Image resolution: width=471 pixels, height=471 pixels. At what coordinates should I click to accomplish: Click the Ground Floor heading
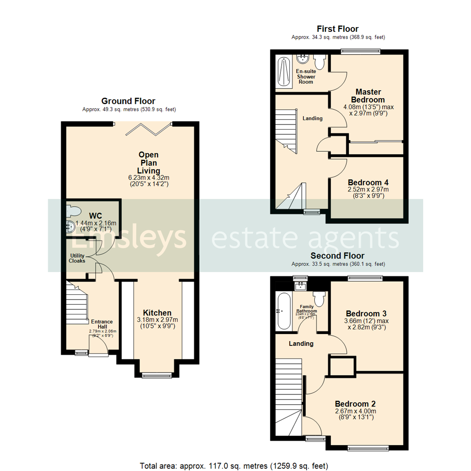pos(128,101)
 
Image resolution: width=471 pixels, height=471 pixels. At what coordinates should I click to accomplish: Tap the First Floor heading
pos(338,29)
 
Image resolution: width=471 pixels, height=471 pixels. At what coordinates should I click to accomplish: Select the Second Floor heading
pos(338,256)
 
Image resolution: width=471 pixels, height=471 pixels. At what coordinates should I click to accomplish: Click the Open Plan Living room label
pos(149,162)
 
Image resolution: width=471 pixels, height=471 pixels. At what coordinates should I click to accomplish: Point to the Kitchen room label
pos(157,313)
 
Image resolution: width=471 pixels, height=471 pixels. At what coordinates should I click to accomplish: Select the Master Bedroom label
pos(369,96)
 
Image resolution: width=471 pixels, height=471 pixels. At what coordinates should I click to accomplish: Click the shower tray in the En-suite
pos(283,72)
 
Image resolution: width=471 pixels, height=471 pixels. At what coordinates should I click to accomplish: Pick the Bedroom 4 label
pos(368,182)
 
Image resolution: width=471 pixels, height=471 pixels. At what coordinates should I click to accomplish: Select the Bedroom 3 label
pos(365,314)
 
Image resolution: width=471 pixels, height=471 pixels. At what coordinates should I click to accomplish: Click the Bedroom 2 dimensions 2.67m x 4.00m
pos(355,411)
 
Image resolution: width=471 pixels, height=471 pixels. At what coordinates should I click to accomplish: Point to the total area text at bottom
pos(234,465)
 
